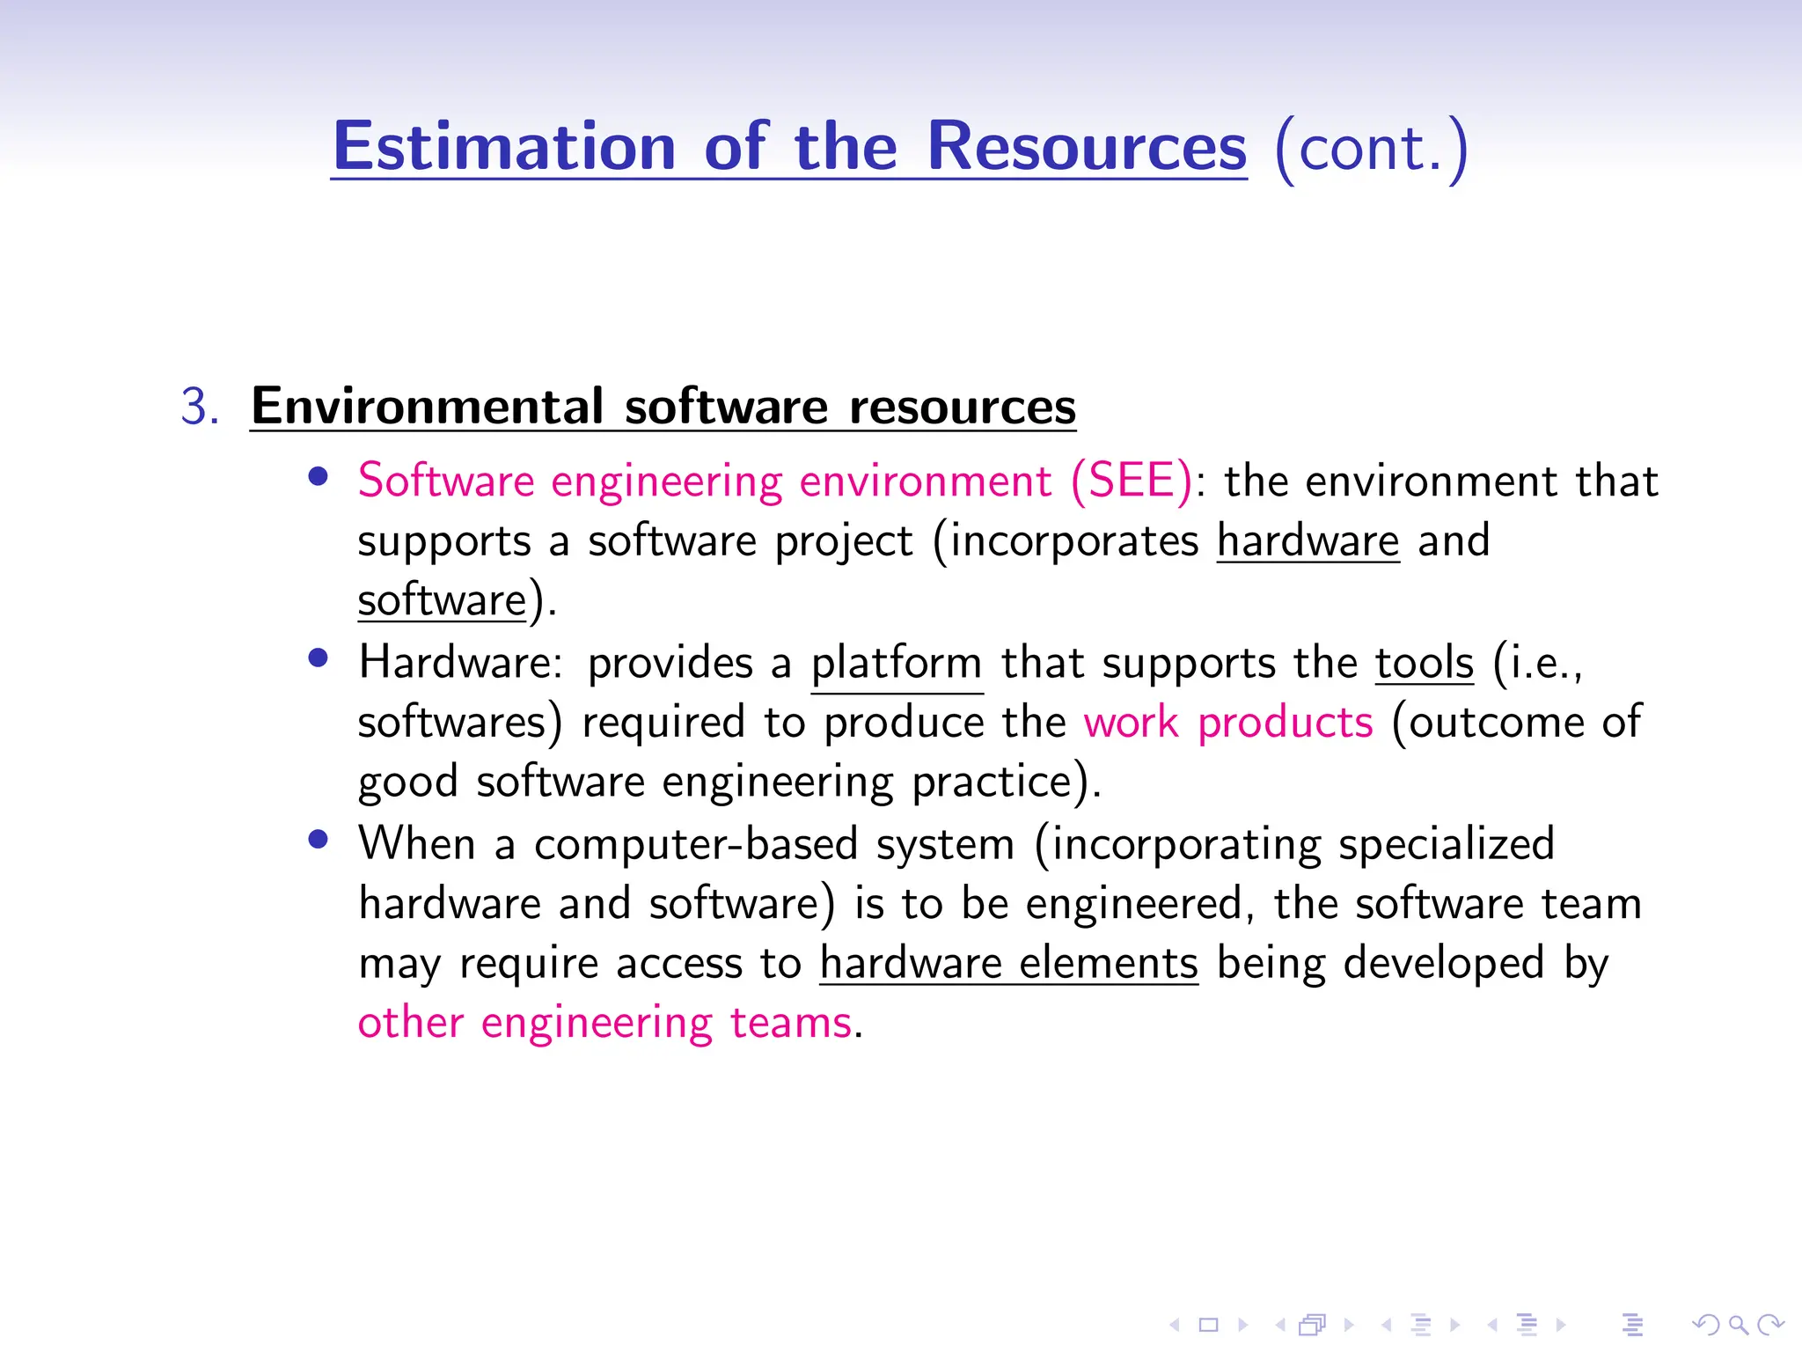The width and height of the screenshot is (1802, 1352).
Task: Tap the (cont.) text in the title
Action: pos(1370,148)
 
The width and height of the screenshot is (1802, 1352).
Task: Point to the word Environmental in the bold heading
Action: pos(427,407)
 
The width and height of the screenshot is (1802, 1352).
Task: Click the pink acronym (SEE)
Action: pos(1132,481)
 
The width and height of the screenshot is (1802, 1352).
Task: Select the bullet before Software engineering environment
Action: pos(319,477)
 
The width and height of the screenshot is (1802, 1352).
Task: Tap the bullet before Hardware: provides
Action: pos(319,658)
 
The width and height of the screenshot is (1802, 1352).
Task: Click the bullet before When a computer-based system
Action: pos(319,840)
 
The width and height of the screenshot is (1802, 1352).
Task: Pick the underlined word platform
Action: pos(896,664)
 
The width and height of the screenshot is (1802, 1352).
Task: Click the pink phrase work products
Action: pos(1227,723)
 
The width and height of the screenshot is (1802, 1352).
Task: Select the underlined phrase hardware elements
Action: pos(1008,963)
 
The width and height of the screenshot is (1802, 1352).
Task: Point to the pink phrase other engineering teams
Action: pos(604,1023)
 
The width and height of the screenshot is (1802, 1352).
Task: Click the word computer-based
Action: pos(695,844)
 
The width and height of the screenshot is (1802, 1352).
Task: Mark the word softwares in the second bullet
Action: pos(451,723)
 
